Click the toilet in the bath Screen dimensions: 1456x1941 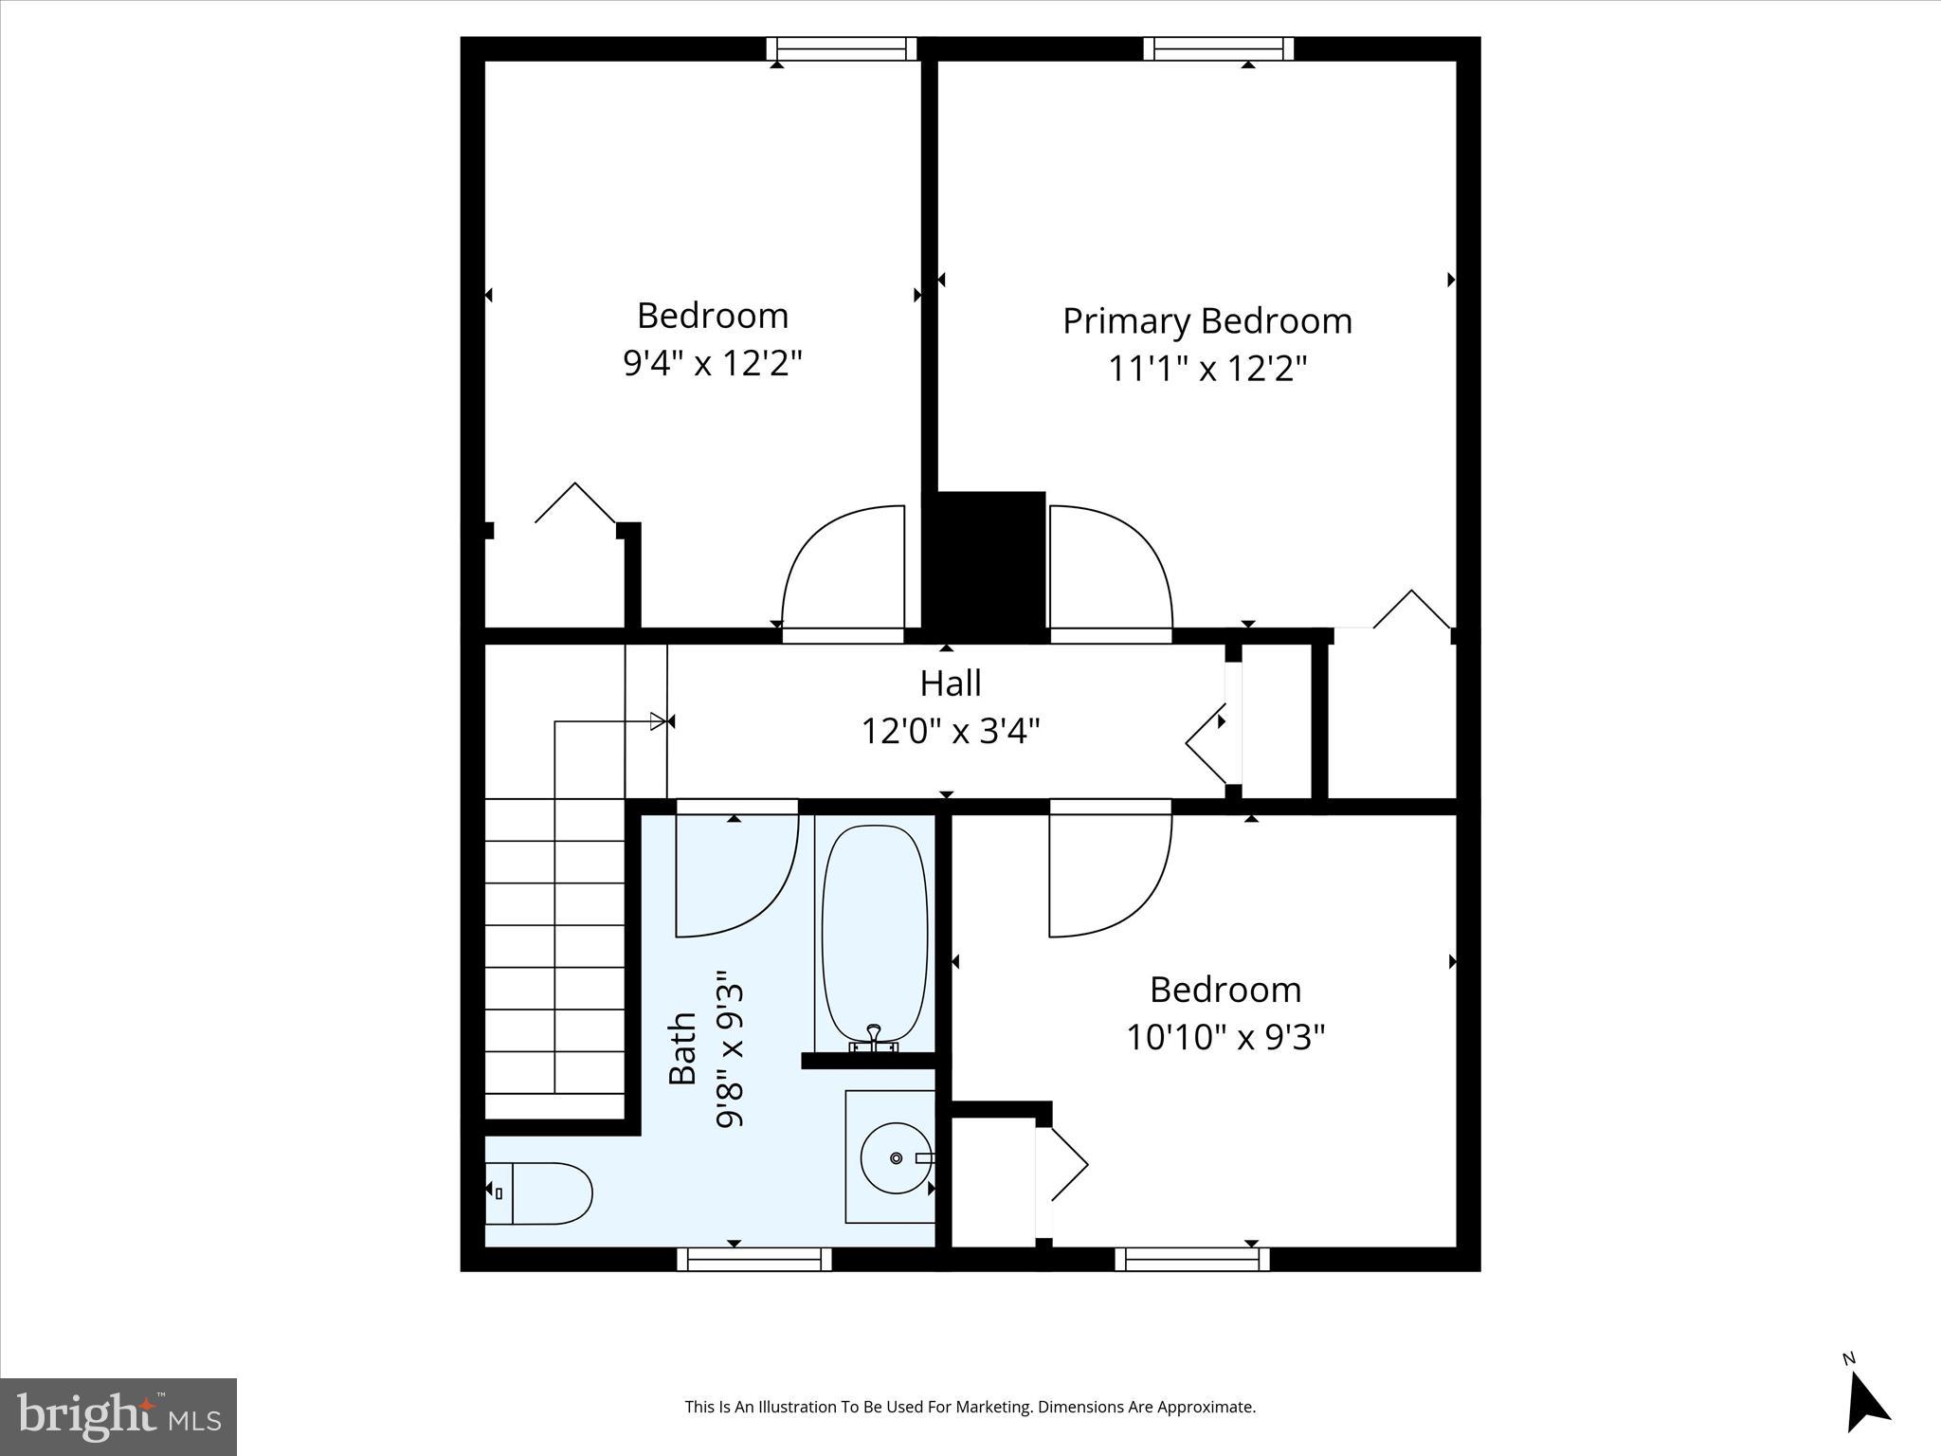[540, 1192]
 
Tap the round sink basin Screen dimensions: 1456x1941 [896, 1157]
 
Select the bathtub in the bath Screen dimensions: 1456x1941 [874, 931]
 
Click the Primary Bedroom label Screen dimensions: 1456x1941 [1206, 321]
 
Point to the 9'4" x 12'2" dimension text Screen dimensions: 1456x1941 [713, 363]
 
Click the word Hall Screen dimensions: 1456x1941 [951, 683]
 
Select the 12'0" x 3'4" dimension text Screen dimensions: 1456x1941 [951, 732]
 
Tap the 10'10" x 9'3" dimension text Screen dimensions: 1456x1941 [1224, 1037]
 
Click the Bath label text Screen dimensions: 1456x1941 [683, 1048]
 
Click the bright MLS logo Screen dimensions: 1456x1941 [118, 1417]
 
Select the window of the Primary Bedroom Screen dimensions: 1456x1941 [1218, 48]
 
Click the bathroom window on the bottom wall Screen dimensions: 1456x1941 [754, 1259]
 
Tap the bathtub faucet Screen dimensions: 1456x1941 [874, 1038]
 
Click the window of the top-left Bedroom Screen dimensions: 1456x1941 [842, 48]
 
